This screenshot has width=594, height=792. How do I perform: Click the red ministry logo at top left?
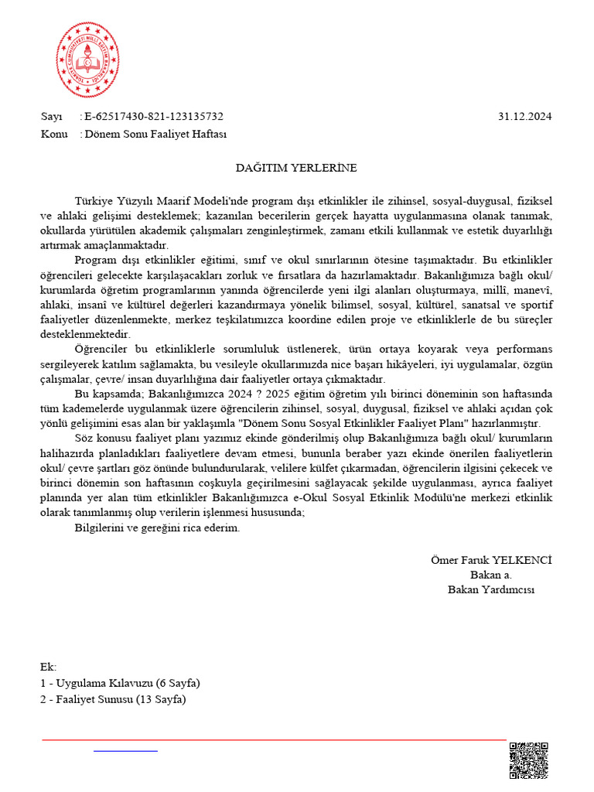(87, 60)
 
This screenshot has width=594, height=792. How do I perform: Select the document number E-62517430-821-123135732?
(154, 117)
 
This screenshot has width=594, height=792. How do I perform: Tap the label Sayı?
(51, 117)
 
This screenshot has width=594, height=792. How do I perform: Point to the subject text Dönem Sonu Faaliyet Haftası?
(155, 134)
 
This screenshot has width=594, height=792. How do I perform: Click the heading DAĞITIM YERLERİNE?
(296, 167)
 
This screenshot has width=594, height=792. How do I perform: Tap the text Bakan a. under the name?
(490, 575)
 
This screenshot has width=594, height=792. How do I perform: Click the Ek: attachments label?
(48, 667)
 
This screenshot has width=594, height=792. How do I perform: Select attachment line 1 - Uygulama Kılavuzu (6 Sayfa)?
(120, 684)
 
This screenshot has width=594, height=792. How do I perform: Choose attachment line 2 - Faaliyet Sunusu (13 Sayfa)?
(113, 700)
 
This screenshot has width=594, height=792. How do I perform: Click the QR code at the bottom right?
(529, 760)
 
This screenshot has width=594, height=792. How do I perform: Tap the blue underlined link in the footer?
(125, 750)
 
